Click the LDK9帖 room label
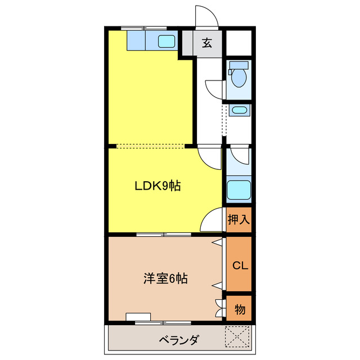click(157, 186)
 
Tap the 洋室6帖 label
click(165, 278)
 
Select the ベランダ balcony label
click(178, 340)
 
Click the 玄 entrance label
click(207, 43)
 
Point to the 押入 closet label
click(238, 219)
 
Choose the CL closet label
click(238, 265)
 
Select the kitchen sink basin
click(166, 40)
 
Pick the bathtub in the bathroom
click(238, 190)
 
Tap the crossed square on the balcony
click(237, 337)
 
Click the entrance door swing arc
click(205, 16)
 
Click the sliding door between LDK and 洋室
click(163, 233)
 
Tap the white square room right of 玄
click(238, 43)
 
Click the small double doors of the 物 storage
click(219, 308)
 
